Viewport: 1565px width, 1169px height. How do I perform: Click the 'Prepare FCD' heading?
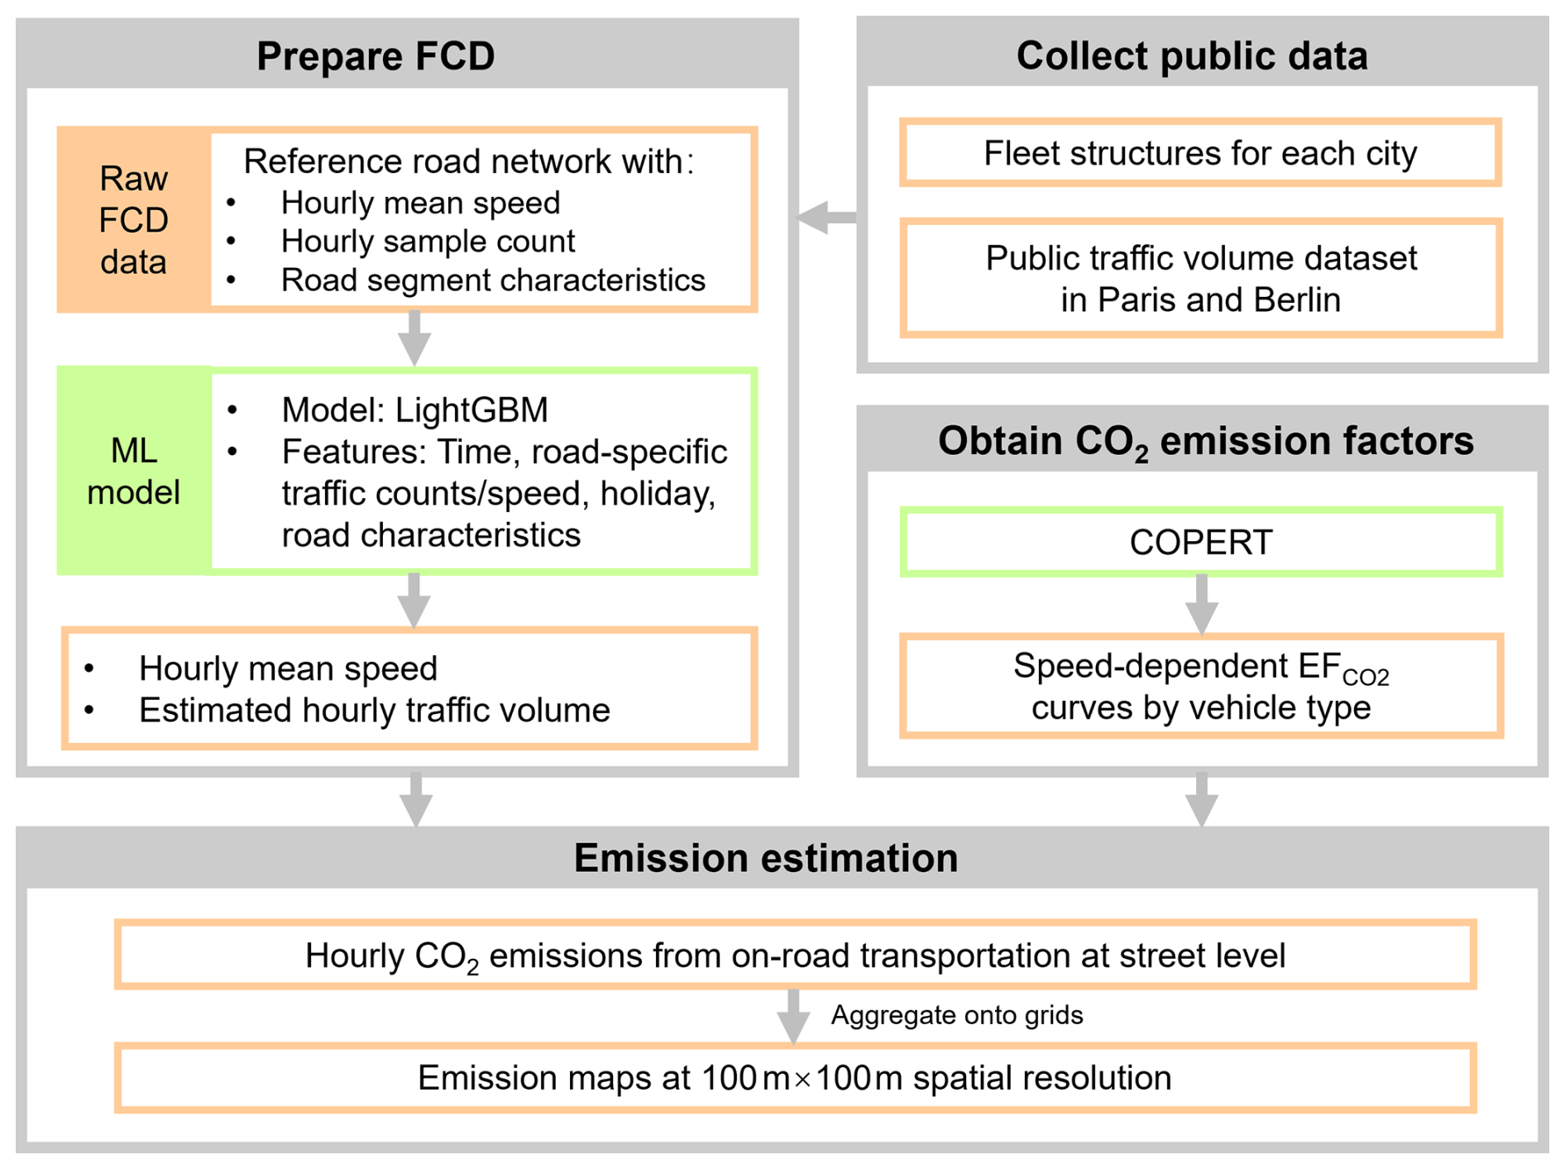click(x=376, y=56)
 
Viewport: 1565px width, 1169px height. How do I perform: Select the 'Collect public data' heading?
click(x=1191, y=56)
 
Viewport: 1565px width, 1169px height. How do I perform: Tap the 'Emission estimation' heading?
click(x=765, y=858)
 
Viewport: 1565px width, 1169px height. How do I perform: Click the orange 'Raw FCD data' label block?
click(x=133, y=220)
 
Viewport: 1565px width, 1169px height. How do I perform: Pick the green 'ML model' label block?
click(x=133, y=471)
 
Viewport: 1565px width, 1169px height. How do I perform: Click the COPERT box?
click(x=1200, y=543)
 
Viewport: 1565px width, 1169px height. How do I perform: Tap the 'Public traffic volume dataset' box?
click(x=1200, y=279)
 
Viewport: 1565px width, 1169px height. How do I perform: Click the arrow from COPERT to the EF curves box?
click(x=1201, y=605)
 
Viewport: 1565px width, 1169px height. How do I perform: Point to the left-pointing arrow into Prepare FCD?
click(x=825, y=218)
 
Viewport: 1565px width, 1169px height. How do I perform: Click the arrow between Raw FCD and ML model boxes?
click(x=414, y=338)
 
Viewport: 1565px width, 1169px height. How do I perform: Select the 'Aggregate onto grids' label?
click(x=956, y=1015)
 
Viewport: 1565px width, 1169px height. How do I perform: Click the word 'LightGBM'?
click(x=471, y=410)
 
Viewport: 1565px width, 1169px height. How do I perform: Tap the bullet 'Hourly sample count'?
click(x=427, y=242)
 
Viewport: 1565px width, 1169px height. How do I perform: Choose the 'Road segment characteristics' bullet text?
click(x=493, y=280)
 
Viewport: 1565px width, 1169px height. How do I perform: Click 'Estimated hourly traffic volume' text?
click(x=374, y=711)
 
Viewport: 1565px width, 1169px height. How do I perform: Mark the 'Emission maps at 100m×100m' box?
click(x=794, y=1078)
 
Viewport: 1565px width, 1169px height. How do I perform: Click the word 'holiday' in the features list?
click(x=657, y=494)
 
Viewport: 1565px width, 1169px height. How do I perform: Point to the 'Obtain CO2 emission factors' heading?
click(x=1205, y=441)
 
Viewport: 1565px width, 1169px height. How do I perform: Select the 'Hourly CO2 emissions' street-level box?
click(x=794, y=956)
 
